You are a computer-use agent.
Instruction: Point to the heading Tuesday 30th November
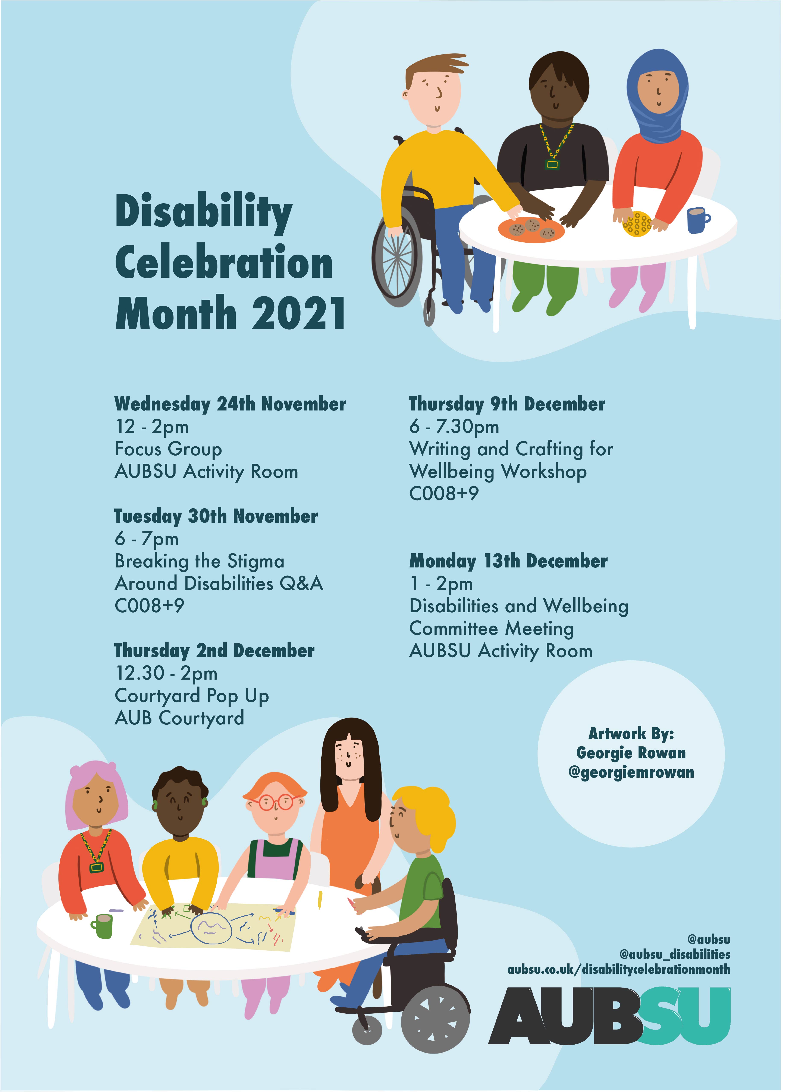tap(216, 516)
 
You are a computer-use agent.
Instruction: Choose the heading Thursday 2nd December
tap(214, 651)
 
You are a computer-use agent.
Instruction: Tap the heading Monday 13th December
tap(508, 561)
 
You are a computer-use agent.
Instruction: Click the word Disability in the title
tap(204, 211)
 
